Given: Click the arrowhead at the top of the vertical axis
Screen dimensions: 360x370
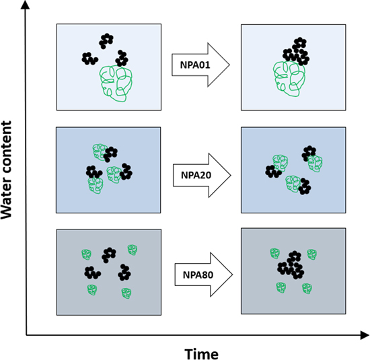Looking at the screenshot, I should click(26, 6).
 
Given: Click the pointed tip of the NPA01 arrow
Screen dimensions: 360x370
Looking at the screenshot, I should click(230, 65).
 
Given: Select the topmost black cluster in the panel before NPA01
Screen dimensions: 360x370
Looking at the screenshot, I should click(106, 40).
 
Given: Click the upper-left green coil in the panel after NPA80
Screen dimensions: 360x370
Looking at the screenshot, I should click(274, 253).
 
